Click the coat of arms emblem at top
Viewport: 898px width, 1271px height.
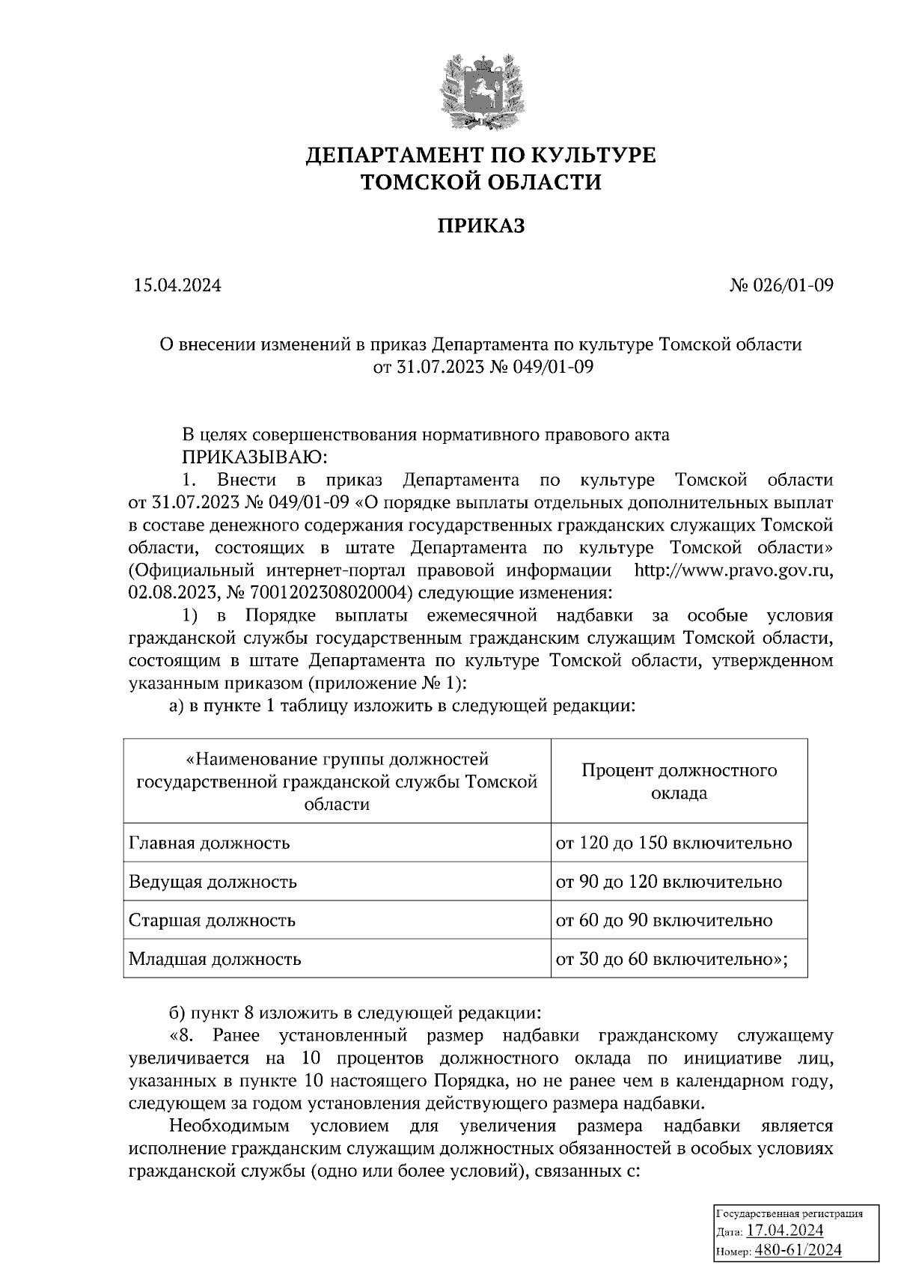(x=481, y=87)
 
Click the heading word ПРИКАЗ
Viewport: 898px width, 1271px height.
(x=481, y=225)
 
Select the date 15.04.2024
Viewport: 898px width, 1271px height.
(x=177, y=285)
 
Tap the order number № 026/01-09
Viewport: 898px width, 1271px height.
(x=781, y=285)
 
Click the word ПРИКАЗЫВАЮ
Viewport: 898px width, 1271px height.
(x=251, y=457)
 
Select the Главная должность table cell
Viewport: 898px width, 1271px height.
(x=210, y=843)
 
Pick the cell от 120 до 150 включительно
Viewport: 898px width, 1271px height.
(x=673, y=843)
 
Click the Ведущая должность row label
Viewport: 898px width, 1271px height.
(x=213, y=882)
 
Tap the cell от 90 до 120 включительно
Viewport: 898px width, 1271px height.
(x=669, y=882)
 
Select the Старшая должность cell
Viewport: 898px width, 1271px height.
(x=213, y=920)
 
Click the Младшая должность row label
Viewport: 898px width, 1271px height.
(x=216, y=959)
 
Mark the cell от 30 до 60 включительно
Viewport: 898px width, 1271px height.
(x=671, y=959)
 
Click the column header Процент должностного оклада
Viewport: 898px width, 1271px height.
(x=679, y=781)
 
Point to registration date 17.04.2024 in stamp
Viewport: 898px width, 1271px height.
(x=786, y=1231)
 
